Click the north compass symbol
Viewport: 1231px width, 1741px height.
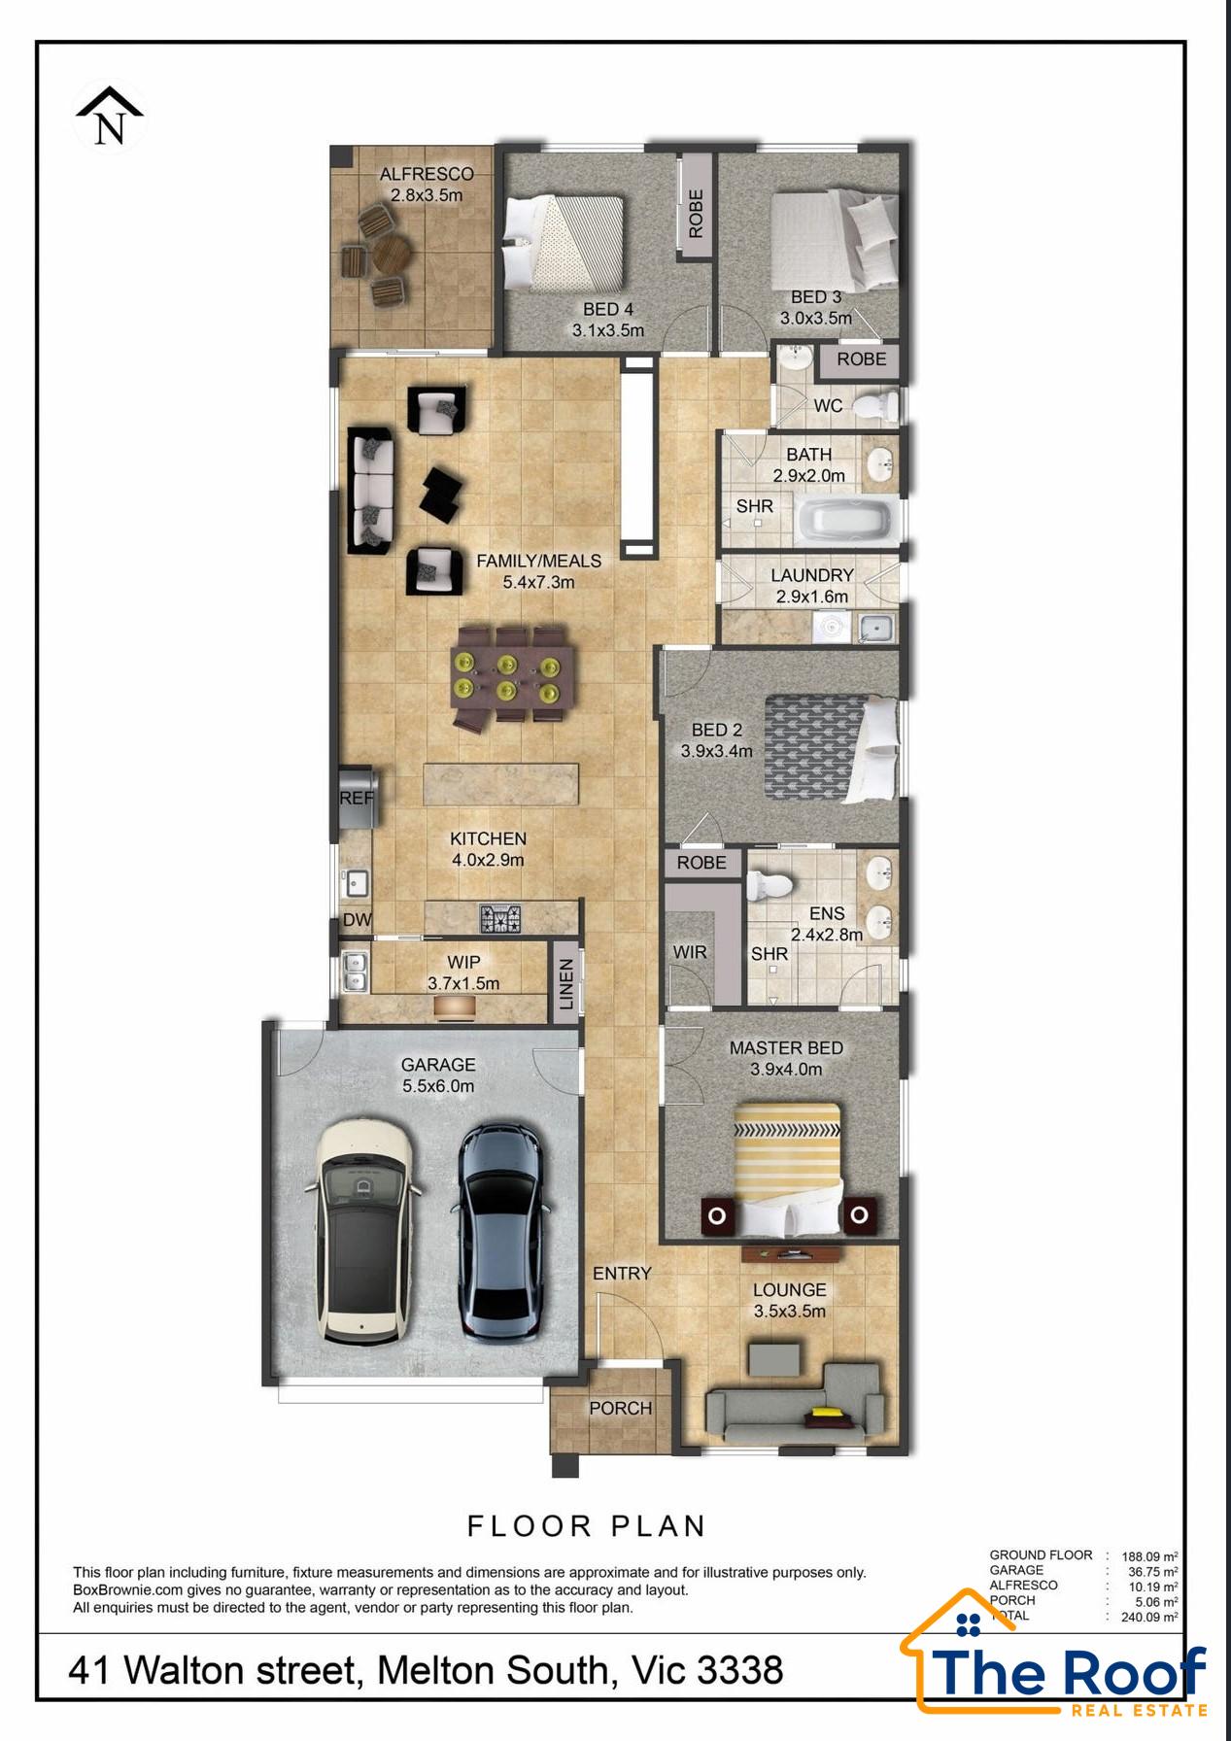tap(110, 117)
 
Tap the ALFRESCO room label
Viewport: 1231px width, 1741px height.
tap(427, 174)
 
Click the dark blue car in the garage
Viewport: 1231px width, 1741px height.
tap(500, 1234)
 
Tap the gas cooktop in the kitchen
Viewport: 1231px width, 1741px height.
tap(500, 917)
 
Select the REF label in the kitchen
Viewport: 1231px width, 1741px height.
tap(357, 798)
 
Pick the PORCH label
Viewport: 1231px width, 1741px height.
tap(620, 1408)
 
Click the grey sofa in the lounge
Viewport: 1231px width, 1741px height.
tap(795, 1404)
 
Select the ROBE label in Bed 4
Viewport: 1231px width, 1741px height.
tap(696, 214)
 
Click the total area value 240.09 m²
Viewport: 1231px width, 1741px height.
tap(1150, 1618)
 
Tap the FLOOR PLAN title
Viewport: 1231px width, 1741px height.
tap(587, 1526)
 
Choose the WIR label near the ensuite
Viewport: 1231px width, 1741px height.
tap(690, 952)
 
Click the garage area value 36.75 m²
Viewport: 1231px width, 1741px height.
tap(1153, 1571)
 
